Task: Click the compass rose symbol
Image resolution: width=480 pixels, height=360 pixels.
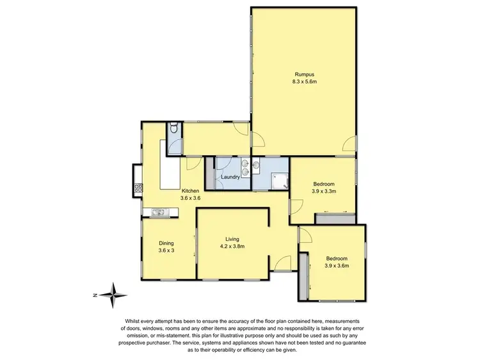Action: pyautogui.click(x=113, y=295)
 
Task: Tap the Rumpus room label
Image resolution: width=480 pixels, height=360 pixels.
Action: pyautogui.click(x=301, y=74)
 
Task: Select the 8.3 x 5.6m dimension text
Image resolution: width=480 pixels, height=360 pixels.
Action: pyautogui.click(x=301, y=82)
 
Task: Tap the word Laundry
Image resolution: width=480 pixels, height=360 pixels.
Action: pyautogui.click(x=230, y=177)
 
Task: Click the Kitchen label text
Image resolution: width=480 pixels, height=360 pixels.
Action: pyautogui.click(x=191, y=191)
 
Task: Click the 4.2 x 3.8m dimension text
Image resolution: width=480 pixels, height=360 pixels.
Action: pyautogui.click(x=232, y=246)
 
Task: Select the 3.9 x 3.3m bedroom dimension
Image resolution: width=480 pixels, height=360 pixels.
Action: pyautogui.click(x=323, y=191)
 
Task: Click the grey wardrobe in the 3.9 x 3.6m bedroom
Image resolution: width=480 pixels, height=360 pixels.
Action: pyautogui.click(x=303, y=276)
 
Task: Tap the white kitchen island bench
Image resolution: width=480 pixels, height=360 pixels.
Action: pyautogui.click(x=171, y=172)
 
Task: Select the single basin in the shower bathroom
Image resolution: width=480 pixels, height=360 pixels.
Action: pyautogui.click(x=257, y=166)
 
